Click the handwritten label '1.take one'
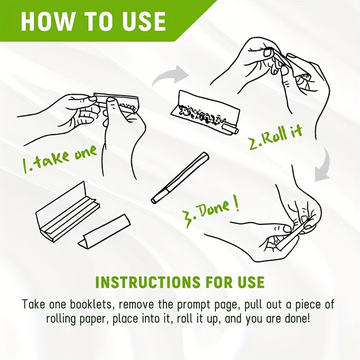[x=60, y=159]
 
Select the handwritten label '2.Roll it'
[x=276, y=137]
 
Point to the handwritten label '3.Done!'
[x=211, y=212]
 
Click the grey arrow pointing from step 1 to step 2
[x=170, y=75]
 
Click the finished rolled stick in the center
[x=180, y=178]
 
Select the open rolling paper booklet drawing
[x=68, y=209]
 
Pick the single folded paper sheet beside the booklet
[x=104, y=231]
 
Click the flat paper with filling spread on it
[x=205, y=112]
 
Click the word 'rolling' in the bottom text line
[x=63, y=319]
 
